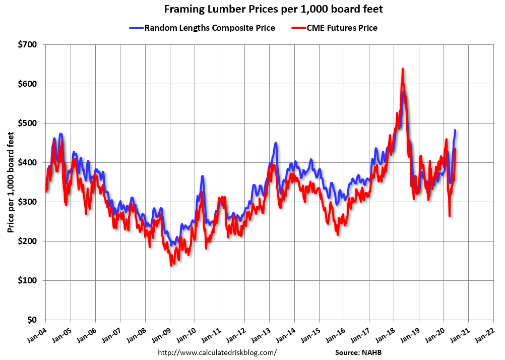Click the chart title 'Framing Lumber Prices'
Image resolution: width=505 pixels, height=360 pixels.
point(252,9)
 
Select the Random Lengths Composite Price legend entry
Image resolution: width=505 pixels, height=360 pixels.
point(202,28)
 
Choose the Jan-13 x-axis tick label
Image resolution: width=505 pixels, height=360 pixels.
point(261,333)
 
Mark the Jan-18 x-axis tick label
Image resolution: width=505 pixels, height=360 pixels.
point(386,333)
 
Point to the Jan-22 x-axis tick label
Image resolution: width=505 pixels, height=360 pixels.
point(485,333)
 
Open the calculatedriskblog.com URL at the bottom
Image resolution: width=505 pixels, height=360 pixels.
point(217,352)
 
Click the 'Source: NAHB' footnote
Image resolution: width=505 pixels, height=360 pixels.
point(362,352)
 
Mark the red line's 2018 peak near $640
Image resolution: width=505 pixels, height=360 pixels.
point(402,69)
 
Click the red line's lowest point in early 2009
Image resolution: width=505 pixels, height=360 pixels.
point(172,264)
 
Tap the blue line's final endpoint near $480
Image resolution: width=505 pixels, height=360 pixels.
point(455,130)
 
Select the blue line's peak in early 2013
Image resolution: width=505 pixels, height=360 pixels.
point(276,143)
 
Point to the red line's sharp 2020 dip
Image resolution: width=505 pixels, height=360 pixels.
point(449,216)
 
